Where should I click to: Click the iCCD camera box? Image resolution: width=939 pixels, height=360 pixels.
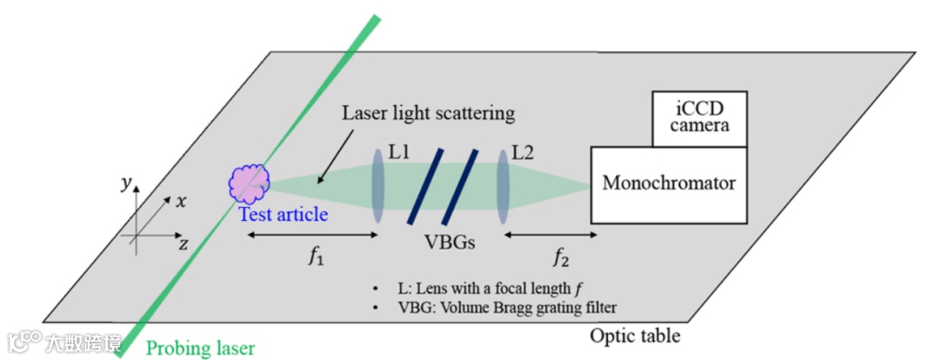coord(700,120)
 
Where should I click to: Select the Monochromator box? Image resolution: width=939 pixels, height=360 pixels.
coord(669,183)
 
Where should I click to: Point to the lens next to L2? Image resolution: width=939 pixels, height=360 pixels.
coord(503,184)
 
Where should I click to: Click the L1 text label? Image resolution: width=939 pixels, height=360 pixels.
coord(400,153)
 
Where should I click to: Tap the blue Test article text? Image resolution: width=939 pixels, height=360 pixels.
coord(284,213)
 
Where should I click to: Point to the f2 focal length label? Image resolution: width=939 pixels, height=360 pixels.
coord(562,258)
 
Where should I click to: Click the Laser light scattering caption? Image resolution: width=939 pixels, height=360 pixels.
coord(429,113)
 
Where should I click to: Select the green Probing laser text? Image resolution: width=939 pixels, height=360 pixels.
coord(201,349)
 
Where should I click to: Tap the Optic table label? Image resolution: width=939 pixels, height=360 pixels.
coord(635,336)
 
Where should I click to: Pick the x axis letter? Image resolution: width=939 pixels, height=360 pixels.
coord(181,202)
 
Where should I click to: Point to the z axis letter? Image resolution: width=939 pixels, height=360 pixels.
coord(183,244)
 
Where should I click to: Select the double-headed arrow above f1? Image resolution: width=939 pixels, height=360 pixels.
coord(310,235)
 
